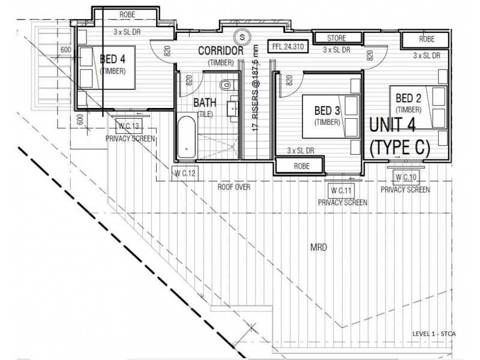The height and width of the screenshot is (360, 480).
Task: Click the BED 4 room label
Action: pyautogui.click(x=113, y=59)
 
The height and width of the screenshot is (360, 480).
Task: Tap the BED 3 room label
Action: pyautogui.click(x=327, y=110)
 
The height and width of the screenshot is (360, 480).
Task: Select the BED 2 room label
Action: pyautogui.click(x=409, y=98)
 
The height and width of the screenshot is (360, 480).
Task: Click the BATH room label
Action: pyautogui.click(x=205, y=103)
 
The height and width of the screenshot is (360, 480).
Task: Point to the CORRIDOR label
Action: pyautogui.click(x=221, y=51)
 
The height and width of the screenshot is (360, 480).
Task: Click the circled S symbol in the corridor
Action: pyautogui.click(x=242, y=37)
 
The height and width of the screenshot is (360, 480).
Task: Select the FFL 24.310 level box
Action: pyautogui.click(x=288, y=47)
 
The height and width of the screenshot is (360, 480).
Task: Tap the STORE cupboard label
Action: pyautogui.click(x=337, y=38)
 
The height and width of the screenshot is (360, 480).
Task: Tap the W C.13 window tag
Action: pyautogui.click(x=129, y=125)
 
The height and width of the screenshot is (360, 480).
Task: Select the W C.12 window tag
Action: pyautogui.click(x=185, y=173)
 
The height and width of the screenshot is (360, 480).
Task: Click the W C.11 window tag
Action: pyautogui.click(x=341, y=191)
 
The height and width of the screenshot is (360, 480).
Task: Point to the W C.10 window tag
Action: pyautogui.click(x=406, y=177)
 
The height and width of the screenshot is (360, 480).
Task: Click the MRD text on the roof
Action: pyautogui.click(x=319, y=247)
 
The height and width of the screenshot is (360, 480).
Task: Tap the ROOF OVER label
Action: pyautogui.click(x=234, y=187)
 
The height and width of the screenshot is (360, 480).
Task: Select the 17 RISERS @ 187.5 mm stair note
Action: pyautogui.click(x=256, y=88)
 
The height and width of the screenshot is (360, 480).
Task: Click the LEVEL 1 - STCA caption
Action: pyautogui.click(x=434, y=334)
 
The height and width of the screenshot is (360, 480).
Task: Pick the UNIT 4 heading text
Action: pyautogui.click(x=392, y=125)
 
